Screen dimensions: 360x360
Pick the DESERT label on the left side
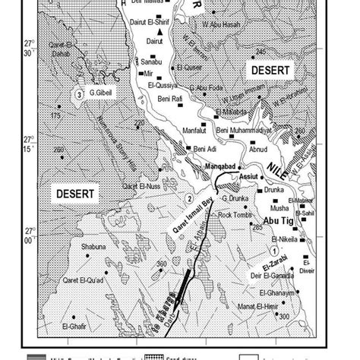click(74, 194)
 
